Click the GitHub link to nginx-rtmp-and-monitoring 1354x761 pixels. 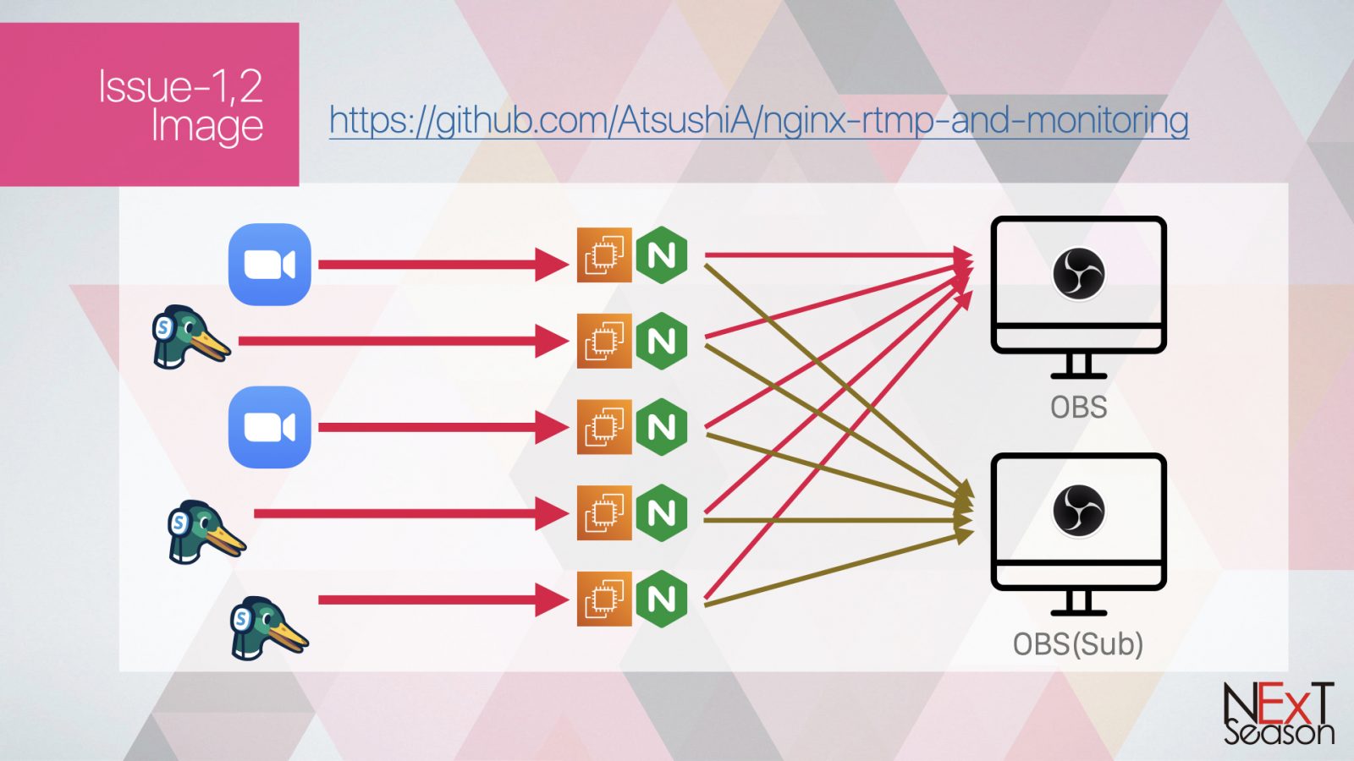point(758,121)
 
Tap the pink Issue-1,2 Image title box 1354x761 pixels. point(149,104)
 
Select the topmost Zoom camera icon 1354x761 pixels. point(269,265)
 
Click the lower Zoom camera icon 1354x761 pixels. point(269,427)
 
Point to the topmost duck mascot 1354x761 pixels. point(189,337)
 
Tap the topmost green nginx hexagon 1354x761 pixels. point(662,255)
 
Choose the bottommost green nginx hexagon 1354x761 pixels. point(662,599)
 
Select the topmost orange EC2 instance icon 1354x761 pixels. point(604,255)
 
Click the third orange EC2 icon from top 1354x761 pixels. point(604,427)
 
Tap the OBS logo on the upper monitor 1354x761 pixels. point(1078,273)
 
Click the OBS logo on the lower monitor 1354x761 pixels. point(1078,510)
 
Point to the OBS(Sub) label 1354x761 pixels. point(1078,644)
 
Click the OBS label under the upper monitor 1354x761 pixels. point(1078,408)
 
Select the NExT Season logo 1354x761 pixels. point(1278,714)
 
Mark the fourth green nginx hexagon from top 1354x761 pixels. point(662,513)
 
